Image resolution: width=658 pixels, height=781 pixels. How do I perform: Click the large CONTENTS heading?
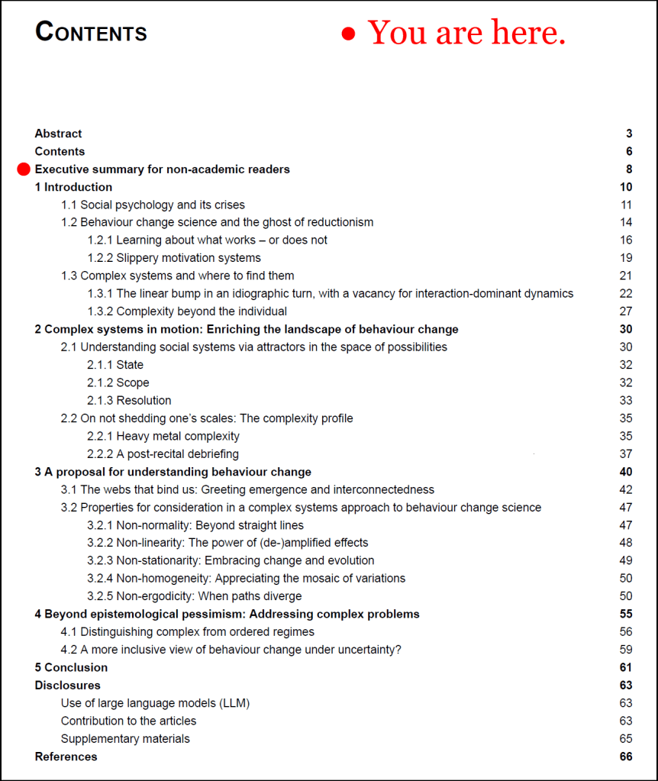point(91,33)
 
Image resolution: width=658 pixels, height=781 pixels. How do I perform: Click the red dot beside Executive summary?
point(24,169)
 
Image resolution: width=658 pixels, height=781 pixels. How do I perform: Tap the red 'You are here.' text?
point(466,33)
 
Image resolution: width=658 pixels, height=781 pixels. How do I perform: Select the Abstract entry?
point(58,134)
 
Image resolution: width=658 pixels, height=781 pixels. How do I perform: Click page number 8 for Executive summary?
point(629,169)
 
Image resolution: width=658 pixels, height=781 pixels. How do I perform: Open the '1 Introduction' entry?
point(73,187)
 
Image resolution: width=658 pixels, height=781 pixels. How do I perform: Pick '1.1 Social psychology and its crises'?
point(153,205)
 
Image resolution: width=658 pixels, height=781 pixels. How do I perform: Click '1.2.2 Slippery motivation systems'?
point(174,258)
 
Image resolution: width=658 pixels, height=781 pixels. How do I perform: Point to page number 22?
point(626,293)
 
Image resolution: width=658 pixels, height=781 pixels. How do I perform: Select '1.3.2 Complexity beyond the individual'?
point(187,311)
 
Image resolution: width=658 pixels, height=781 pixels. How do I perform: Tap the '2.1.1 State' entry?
point(115,365)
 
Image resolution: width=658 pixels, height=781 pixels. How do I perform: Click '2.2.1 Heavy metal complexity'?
point(163,436)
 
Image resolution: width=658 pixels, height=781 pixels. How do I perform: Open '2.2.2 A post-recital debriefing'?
point(163,454)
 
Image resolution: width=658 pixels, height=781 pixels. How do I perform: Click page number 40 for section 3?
point(626,472)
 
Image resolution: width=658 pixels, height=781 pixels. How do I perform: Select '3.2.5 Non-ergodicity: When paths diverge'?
point(195,596)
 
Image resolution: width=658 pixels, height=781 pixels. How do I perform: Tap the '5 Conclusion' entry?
point(71,667)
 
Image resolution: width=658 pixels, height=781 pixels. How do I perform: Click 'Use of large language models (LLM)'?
point(155,703)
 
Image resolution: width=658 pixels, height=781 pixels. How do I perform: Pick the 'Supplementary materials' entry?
point(125,739)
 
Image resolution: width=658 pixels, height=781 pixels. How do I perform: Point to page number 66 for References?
point(626,757)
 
